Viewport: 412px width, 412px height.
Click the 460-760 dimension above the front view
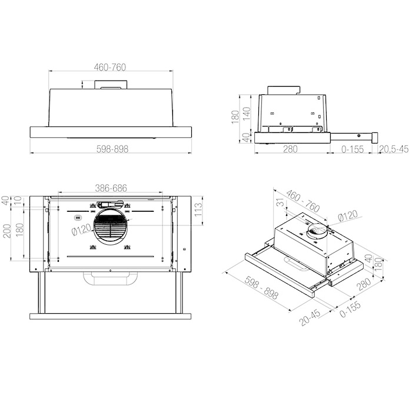pyautogui.click(x=110, y=67)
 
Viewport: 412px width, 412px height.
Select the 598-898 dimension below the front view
pyautogui.click(x=112, y=149)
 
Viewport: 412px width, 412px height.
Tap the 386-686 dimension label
pyautogui.click(x=111, y=188)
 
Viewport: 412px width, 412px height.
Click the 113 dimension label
pyautogui.click(x=198, y=210)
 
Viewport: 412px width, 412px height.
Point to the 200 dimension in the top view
pyautogui.click(x=7, y=231)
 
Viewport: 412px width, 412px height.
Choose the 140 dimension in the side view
pyautogui.click(x=247, y=114)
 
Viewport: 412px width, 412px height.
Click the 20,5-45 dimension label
pyautogui.click(x=394, y=149)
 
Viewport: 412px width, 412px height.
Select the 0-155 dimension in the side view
pyautogui.click(x=353, y=149)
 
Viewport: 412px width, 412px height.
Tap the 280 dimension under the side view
pyautogui.click(x=290, y=149)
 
